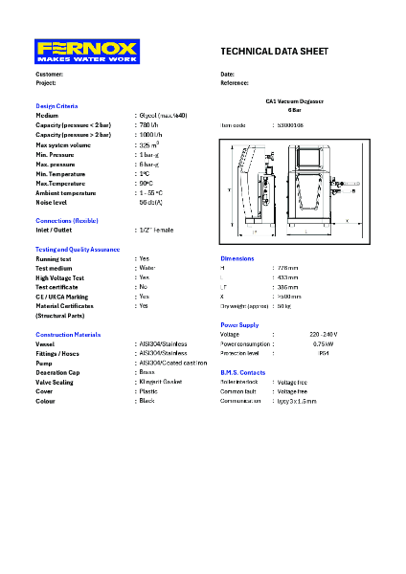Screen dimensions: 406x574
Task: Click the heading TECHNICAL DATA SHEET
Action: click(x=274, y=51)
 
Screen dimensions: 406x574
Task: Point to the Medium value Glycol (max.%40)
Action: click(x=164, y=115)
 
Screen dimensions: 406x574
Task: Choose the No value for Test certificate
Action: click(x=143, y=287)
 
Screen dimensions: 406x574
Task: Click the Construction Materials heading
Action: click(x=68, y=335)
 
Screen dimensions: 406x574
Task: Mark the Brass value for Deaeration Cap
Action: click(x=147, y=372)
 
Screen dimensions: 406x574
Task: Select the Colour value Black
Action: click(x=147, y=401)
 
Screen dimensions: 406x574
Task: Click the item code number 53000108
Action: click(x=289, y=125)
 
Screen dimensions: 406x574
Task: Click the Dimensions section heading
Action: click(x=237, y=258)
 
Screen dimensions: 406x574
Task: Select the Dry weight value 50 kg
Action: click(x=283, y=306)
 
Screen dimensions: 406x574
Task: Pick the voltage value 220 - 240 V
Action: click(x=324, y=334)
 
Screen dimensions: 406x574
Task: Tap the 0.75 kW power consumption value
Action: click(x=324, y=343)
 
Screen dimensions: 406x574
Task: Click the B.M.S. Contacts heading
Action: click(x=243, y=372)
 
